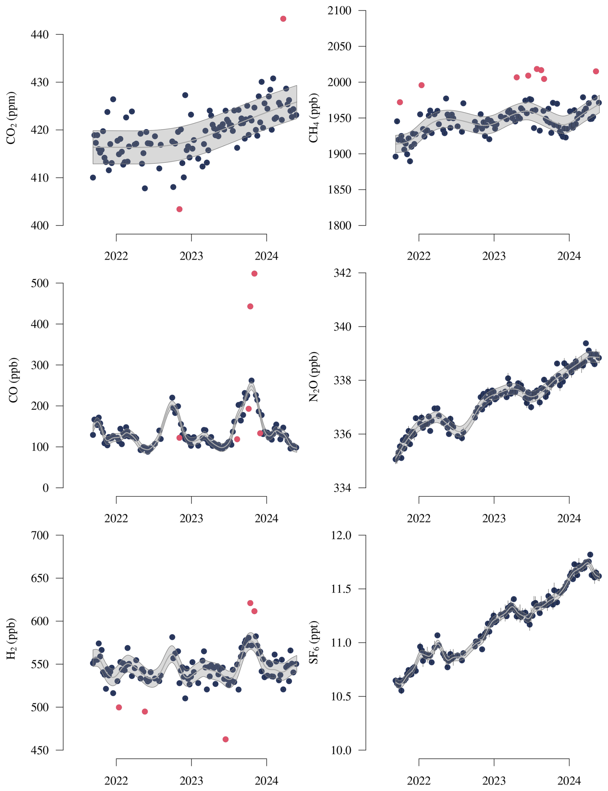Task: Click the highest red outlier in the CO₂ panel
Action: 283,19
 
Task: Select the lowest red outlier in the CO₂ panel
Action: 179,209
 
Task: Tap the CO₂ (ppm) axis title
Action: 11,118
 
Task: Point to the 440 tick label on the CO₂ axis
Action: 40,35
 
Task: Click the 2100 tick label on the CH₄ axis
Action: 339,11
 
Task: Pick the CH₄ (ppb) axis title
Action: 313,118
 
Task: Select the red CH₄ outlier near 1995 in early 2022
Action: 421,85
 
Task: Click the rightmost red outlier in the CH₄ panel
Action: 596,71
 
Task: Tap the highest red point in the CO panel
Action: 255,273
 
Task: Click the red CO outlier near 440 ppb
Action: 250,307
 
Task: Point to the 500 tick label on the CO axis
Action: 40,283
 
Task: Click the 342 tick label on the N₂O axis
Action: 342,273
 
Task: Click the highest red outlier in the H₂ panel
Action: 250,603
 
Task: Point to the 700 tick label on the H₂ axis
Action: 40,535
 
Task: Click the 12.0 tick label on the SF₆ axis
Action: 341,535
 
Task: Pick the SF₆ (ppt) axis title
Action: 313,642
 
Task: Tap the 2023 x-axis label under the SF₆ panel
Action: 494,781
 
